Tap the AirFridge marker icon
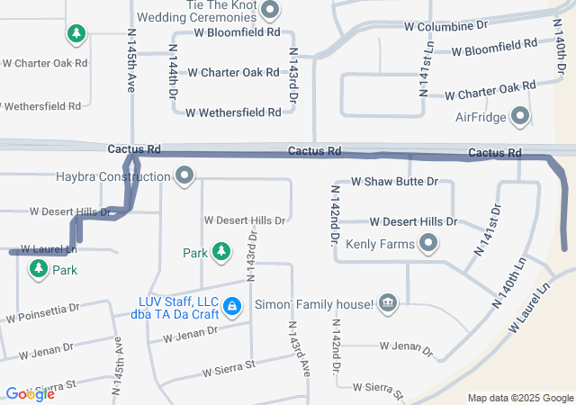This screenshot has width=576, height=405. (x=520, y=115)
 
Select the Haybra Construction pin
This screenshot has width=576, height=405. (x=184, y=175)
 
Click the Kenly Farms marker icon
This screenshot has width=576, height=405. (x=428, y=243)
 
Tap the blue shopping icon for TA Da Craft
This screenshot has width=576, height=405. (x=232, y=307)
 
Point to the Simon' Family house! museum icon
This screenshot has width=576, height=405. (x=388, y=304)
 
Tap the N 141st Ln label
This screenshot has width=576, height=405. (x=426, y=68)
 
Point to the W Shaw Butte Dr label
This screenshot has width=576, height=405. (x=394, y=181)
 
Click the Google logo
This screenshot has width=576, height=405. (x=30, y=393)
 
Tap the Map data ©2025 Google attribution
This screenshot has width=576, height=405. (x=519, y=398)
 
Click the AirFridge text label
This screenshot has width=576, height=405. (x=481, y=116)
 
